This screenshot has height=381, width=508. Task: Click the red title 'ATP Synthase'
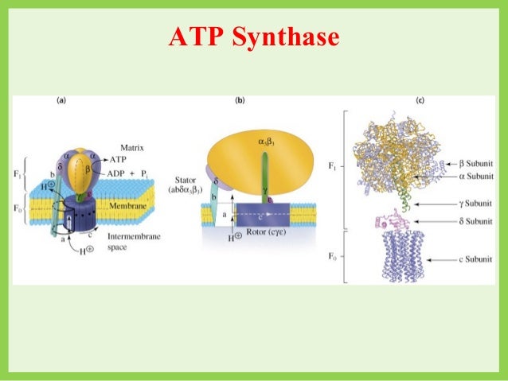point(253,37)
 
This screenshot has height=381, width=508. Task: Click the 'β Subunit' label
point(464,161)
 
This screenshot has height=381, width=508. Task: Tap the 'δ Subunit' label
point(464,220)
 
